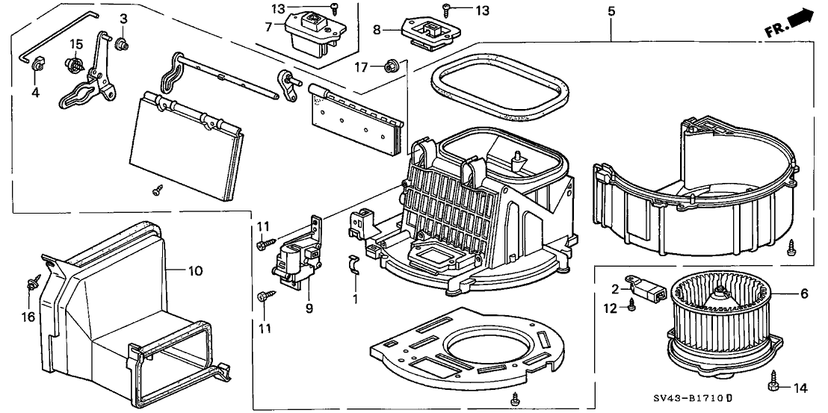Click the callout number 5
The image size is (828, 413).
(611, 13)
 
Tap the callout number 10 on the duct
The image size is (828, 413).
(195, 272)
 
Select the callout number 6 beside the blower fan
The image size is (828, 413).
(804, 294)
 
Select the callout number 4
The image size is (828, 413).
(34, 93)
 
